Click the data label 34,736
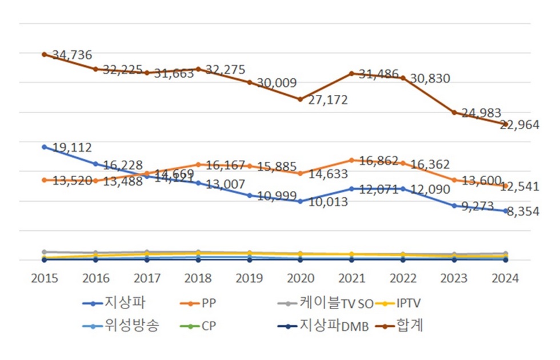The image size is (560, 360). coord(72,55)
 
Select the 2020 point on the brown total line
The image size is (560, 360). coord(300,99)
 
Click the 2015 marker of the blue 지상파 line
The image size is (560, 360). coord(44,147)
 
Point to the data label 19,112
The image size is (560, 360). coord(71,147)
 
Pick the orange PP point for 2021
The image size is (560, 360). coord(351,160)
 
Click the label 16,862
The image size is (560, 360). coord(378,162)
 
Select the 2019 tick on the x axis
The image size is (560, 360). coord(249,278)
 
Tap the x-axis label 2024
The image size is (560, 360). coord(505,278)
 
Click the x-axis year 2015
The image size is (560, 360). coord(44,278)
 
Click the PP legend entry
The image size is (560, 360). coord(209,303)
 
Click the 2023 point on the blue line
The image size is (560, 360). coord(454,206)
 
